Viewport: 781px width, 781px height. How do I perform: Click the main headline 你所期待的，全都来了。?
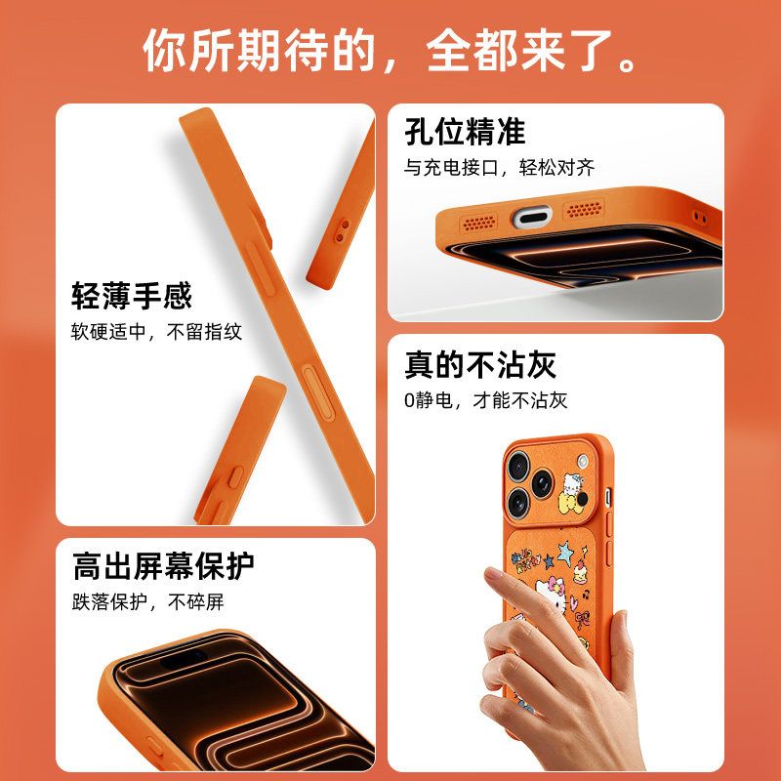[390, 50]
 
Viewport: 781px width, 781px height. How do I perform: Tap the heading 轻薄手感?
[132, 296]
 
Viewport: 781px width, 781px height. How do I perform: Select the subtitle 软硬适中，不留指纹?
[156, 332]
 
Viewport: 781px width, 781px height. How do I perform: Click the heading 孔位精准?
[465, 132]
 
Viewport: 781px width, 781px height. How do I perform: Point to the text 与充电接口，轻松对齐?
[499, 167]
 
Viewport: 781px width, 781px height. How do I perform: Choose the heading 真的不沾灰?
[479, 364]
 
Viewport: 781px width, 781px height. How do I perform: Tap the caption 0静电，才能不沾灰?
[485, 400]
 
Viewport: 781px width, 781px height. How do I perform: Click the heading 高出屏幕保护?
[163, 566]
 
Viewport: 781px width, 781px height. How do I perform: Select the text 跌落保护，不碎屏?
[148, 601]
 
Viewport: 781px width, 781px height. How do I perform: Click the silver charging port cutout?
[532, 218]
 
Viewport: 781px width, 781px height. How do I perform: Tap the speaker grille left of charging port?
[479, 223]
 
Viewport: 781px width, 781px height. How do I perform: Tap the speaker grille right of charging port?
[584, 209]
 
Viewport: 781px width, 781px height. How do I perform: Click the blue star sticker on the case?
[565, 553]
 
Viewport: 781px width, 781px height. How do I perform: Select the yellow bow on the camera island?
[569, 502]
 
